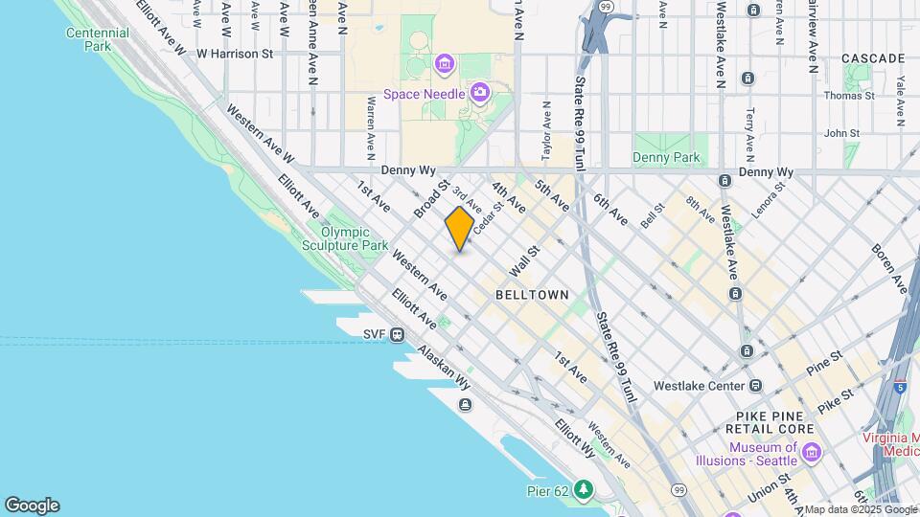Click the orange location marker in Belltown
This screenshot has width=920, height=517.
(x=459, y=229)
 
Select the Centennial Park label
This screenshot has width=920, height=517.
(x=97, y=39)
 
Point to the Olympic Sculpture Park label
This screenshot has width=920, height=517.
(x=354, y=238)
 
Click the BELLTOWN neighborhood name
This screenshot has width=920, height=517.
(x=532, y=296)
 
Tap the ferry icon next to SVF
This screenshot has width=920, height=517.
(x=397, y=334)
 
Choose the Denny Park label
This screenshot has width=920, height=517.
(x=666, y=158)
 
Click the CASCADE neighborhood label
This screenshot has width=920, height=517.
(x=873, y=58)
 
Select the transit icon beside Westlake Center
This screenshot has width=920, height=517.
(x=756, y=386)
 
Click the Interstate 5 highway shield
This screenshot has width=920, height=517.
(x=899, y=388)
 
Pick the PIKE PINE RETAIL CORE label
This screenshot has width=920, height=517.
(x=775, y=422)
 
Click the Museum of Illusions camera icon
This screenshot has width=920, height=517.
(x=812, y=451)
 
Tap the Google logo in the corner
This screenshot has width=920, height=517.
(x=32, y=505)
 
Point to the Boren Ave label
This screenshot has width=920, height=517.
(x=888, y=269)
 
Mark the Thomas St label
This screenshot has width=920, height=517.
(x=849, y=96)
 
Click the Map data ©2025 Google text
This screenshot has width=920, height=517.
(x=860, y=509)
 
